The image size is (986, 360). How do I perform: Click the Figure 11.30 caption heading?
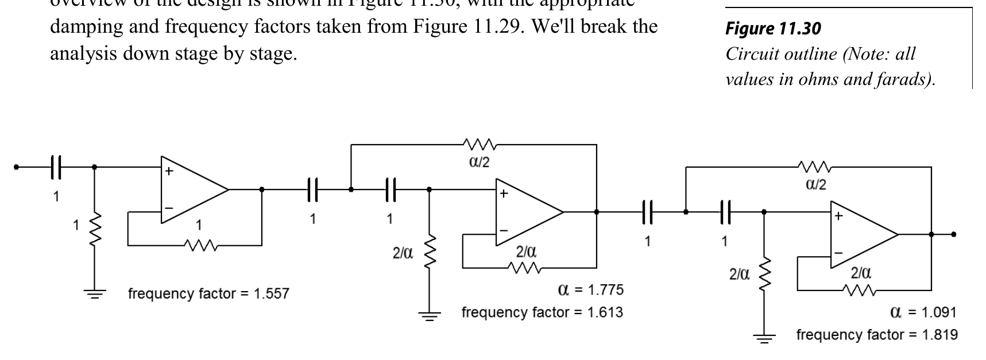click(x=773, y=28)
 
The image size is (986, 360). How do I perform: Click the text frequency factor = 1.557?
click(x=208, y=294)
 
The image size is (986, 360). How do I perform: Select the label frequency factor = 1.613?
click(x=542, y=312)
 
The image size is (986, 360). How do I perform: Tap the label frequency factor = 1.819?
click(x=876, y=335)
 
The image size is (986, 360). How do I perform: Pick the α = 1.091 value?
click(x=923, y=312)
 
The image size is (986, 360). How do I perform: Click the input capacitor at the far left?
click(x=56, y=167)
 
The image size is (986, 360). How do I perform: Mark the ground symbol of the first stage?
click(x=95, y=293)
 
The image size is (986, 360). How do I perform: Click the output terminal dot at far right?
click(x=953, y=234)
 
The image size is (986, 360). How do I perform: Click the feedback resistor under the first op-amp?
click(x=199, y=245)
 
